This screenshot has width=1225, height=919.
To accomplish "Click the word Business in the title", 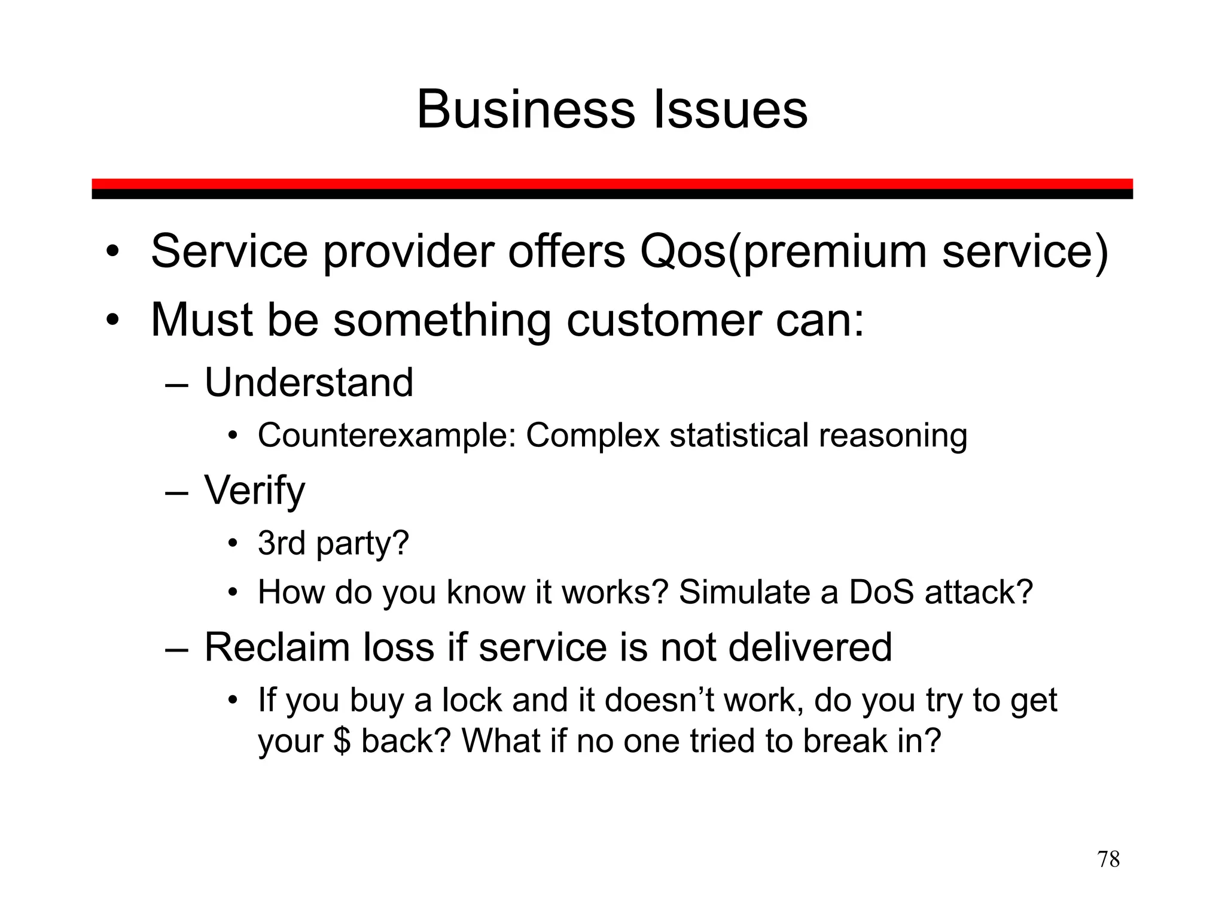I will point(525,109).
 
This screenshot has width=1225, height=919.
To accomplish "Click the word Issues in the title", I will point(730,109).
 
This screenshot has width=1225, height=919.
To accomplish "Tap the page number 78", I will point(1108,859).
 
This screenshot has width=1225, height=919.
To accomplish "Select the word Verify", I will point(254,491).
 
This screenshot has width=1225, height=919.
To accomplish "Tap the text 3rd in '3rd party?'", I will point(281,543).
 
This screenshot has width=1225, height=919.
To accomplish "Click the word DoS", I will point(881,592).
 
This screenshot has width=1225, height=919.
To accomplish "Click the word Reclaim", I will point(277,647).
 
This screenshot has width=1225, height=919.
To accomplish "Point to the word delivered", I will point(810,647).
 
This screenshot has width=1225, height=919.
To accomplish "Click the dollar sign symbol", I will point(342,741).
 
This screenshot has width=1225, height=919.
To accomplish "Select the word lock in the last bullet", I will point(472,700).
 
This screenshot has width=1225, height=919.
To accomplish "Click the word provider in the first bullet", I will point(409,252).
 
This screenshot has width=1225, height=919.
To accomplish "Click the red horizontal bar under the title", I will point(612,184).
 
